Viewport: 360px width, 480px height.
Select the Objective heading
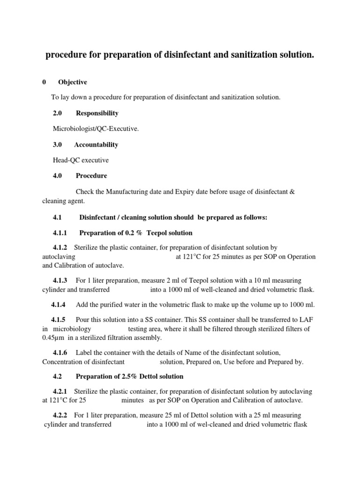tap(73, 82)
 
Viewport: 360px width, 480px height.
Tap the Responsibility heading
tap(97, 113)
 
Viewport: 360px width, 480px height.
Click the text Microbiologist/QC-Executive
tap(96, 129)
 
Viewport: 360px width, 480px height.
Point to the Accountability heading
tap(96, 144)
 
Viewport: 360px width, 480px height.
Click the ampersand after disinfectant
tap(292, 192)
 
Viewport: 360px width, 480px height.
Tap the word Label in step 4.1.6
tap(85, 352)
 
